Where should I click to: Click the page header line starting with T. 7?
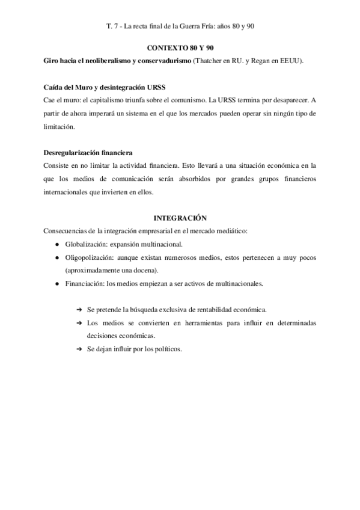pos(180,27)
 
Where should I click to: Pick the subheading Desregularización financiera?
pos(88,153)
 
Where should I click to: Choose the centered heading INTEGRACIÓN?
pos(180,218)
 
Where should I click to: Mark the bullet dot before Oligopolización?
pos(56,257)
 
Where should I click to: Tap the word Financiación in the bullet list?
pos(85,284)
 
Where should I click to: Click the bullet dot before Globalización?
pos(56,245)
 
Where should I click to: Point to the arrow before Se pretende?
pos(79,310)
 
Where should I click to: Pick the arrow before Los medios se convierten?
pos(79,323)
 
